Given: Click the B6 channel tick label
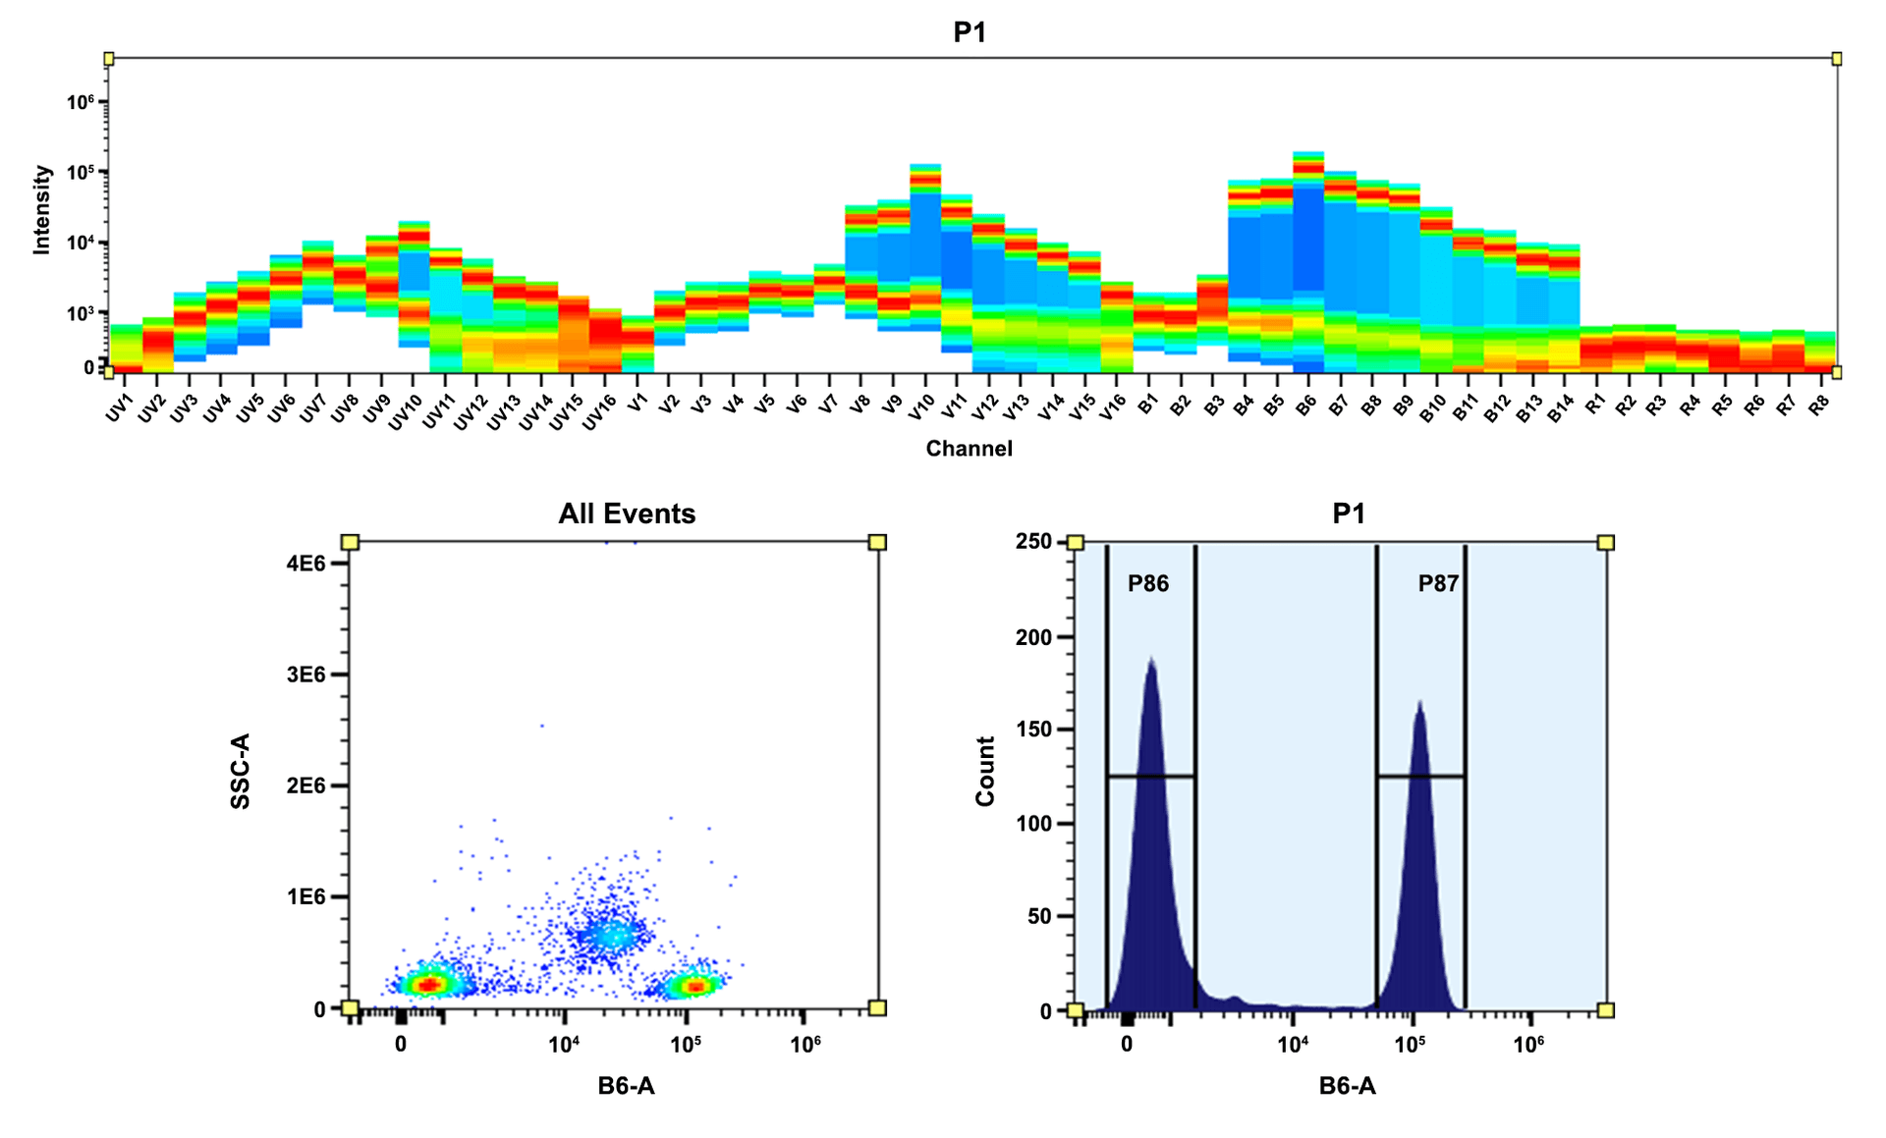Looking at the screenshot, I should point(1305,404).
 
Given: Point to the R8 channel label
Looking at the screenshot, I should point(1819,404).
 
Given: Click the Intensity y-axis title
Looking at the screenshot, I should point(41,209).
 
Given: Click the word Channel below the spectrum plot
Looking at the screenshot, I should point(969,449).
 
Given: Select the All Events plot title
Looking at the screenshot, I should point(627,514).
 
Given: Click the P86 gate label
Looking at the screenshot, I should point(1148,583).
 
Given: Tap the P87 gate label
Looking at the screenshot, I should point(1438,583).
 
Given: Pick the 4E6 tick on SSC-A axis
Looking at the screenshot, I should point(305,564).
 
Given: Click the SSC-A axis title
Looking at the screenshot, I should point(241,771).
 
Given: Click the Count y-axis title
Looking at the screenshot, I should point(985,772).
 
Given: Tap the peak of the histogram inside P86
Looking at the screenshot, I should point(1150,660).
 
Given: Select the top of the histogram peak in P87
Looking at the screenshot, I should point(1419,703).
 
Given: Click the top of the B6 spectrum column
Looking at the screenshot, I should point(1307,154).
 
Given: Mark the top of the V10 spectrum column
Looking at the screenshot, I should point(924,166).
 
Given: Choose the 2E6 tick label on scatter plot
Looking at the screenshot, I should point(305,786).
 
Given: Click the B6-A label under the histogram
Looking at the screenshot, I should point(1347,1086).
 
